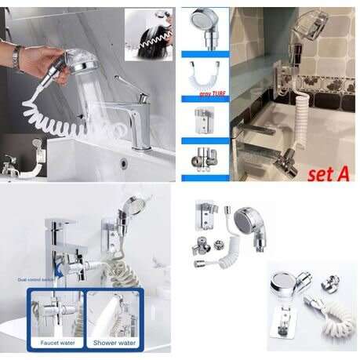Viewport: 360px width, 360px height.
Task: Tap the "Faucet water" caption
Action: point(56,342)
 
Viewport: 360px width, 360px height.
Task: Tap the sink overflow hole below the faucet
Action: point(124,163)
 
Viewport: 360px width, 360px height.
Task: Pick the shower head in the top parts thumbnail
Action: point(205,27)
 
